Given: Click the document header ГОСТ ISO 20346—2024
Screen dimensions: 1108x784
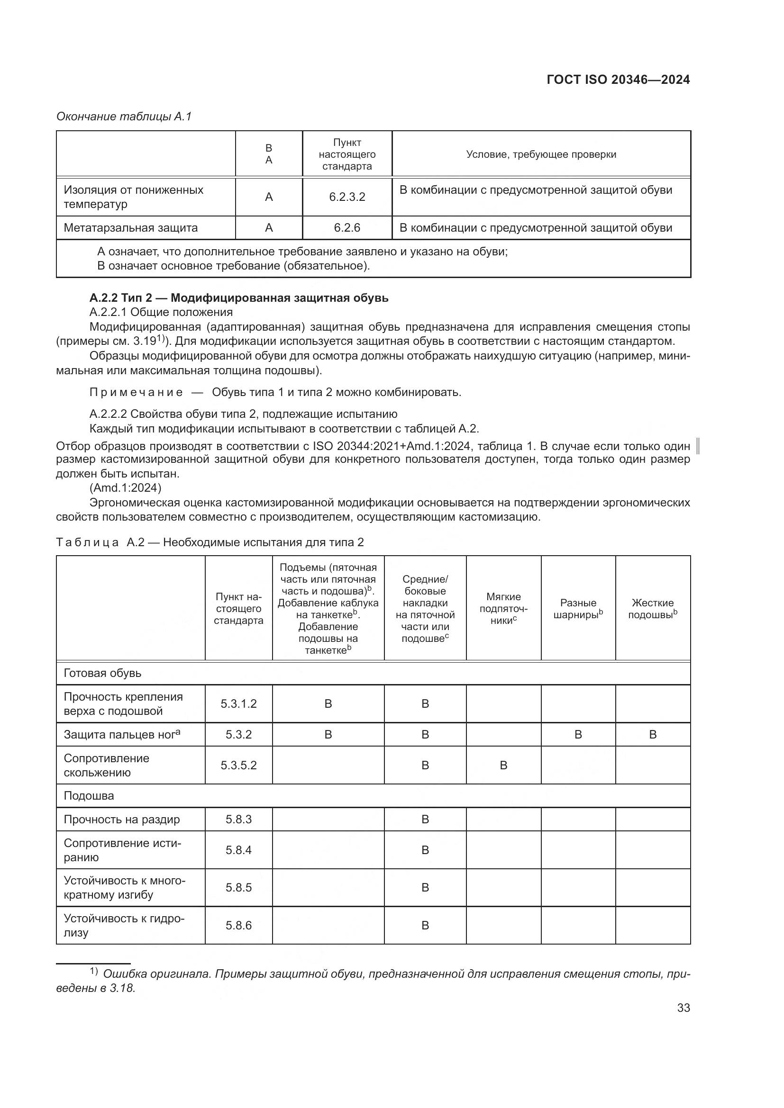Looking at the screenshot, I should [x=618, y=80].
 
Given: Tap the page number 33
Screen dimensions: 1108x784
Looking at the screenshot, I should [x=683, y=1008].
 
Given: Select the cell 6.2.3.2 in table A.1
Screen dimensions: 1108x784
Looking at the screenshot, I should [x=346, y=197].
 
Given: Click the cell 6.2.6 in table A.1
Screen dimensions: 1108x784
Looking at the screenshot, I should [x=346, y=228].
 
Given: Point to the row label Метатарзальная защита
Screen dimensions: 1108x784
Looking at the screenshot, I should [x=131, y=228].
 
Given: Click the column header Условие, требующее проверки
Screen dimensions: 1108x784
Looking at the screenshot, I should [x=541, y=154].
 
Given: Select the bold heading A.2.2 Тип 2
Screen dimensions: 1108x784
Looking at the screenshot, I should [x=238, y=298].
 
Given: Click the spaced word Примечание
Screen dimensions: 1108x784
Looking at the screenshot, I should [x=136, y=392].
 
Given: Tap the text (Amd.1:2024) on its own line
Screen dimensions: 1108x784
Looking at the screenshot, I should [x=126, y=487].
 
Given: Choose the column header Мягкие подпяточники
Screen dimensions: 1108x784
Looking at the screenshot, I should [x=503, y=609].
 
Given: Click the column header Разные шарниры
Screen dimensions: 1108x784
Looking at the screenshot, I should [x=578, y=609].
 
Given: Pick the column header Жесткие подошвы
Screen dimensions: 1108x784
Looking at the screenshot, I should [x=652, y=609].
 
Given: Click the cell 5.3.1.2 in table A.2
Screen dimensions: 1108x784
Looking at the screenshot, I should [x=238, y=703].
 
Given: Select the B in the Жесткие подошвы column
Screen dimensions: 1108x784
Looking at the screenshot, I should [x=653, y=735].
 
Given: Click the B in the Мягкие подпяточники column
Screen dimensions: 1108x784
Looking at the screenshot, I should [x=503, y=766].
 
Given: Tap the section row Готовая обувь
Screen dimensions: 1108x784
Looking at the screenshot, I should [x=102, y=673].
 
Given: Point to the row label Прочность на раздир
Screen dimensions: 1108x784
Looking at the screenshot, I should [x=122, y=820].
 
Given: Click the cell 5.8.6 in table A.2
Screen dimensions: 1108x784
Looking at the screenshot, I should [x=238, y=925].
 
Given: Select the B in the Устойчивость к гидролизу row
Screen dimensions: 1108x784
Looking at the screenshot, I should [x=425, y=925].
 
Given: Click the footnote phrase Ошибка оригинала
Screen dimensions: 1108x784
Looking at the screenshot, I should [x=156, y=974].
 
